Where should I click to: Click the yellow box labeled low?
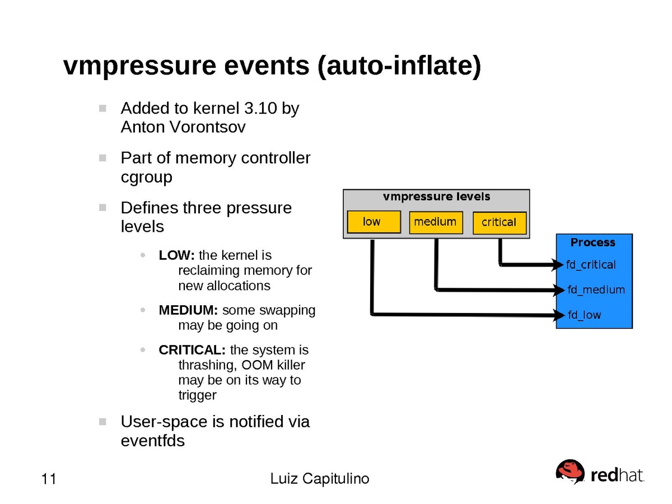(374, 222)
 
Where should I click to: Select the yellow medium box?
(436, 222)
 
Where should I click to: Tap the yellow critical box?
(499, 222)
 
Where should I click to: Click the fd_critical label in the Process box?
(591, 265)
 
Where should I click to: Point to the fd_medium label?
(596, 290)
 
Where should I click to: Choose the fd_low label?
(584, 315)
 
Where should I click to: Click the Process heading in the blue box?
(592, 242)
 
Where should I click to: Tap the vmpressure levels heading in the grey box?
(436, 197)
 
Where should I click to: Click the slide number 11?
(49, 479)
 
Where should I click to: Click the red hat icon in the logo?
(570, 472)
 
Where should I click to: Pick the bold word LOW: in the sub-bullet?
(176, 255)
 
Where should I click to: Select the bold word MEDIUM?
(188, 310)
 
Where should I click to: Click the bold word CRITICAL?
(192, 351)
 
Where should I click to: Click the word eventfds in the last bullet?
(152, 441)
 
